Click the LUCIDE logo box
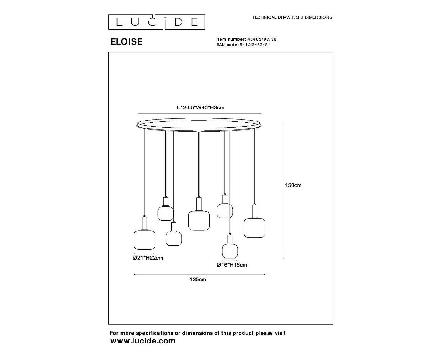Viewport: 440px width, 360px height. [x=157, y=22]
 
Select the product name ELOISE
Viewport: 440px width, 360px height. [x=127, y=42]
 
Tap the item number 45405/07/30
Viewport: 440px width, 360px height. [x=262, y=39]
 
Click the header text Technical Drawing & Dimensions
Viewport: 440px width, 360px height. [x=292, y=17]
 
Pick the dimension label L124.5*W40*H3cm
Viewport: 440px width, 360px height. [x=201, y=108]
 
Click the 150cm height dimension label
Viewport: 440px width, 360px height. [x=293, y=185]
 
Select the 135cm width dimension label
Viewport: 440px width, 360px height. [x=198, y=280]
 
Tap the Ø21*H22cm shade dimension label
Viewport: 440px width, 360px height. [x=148, y=258]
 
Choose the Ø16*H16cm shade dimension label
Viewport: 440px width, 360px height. [x=232, y=265]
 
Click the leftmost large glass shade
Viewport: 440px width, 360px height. [x=144, y=240]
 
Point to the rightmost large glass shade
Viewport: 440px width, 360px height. [x=255, y=228]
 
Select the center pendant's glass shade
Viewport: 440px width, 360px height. [x=199, y=221]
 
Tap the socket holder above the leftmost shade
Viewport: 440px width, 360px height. [x=144, y=223]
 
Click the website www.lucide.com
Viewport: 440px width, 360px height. [x=143, y=341]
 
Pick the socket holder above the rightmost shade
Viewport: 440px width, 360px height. [x=255, y=211]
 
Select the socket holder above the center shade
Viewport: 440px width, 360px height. [x=199, y=204]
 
